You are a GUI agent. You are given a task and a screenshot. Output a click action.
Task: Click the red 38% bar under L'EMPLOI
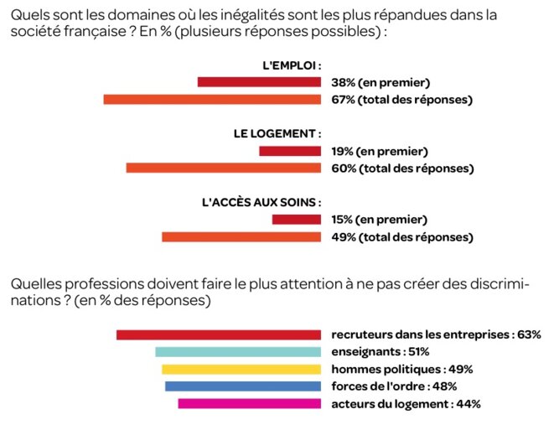pyautogui.click(x=259, y=82)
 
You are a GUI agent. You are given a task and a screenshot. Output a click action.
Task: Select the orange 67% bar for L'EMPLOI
pyautogui.click(x=212, y=100)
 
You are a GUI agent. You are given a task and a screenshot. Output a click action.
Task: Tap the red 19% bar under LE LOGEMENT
pyautogui.click(x=290, y=151)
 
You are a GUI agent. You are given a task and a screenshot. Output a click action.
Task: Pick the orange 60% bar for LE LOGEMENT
pyautogui.click(x=224, y=168)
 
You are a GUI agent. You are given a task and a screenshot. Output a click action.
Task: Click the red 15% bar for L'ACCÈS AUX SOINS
pyautogui.click(x=297, y=220)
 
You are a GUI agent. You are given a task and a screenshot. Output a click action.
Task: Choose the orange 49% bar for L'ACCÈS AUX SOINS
pyautogui.click(x=241, y=237)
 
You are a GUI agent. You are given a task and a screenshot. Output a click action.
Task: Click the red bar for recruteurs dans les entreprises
pyautogui.click(x=219, y=334)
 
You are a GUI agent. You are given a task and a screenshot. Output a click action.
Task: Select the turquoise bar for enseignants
pyautogui.click(x=238, y=352)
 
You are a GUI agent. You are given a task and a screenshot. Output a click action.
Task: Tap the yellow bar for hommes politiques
pyautogui.click(x=241, y=370)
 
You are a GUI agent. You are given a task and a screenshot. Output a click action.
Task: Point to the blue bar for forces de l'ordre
pyautogui.click(x=243, y=386)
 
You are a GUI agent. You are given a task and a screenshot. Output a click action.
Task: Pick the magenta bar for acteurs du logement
pyautogui.click(x=250, y=404)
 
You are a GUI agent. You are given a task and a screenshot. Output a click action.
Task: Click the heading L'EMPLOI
pyautogui.click(x=293, y=65)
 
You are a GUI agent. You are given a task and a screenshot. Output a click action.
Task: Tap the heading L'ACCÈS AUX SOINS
pyautogui.click(x=262, y=202)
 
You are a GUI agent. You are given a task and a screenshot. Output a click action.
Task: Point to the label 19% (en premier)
pyautogui.click(x=380, y=151)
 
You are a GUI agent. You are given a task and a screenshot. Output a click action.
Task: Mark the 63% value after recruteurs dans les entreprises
pyautogui.click(x=529, y=334)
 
